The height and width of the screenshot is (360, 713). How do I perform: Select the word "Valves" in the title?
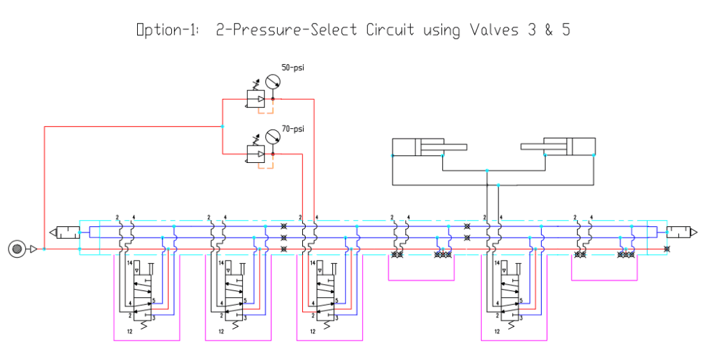pyautogui.click(x=483, y=30)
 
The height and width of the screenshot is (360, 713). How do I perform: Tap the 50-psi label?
pyautogui.click(x=293, y=68)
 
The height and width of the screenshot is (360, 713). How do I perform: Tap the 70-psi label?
pyautogui.click(x=293, y=129)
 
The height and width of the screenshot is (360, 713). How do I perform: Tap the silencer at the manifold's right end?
pyautogui.click(x=681, y=232)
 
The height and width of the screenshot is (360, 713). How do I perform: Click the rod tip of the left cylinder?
pyautogui.click(x=465, y=147)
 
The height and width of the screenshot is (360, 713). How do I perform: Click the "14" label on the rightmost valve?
pyautogui.click(x=499, y=263)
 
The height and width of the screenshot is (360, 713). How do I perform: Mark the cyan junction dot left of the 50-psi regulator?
pyautogui.click(x=222, y=126)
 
